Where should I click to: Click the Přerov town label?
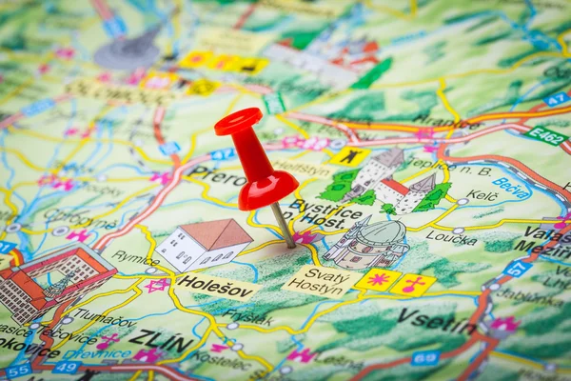218,176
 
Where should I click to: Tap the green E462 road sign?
545,134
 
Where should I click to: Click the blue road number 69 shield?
425,358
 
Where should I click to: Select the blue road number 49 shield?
66,367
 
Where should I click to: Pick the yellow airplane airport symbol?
350,156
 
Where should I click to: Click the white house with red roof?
205,244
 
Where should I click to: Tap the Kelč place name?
482,195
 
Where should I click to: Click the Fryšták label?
247,317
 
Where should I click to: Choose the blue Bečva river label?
511,187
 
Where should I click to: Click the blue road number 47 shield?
557,99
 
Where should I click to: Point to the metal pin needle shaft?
283,225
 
